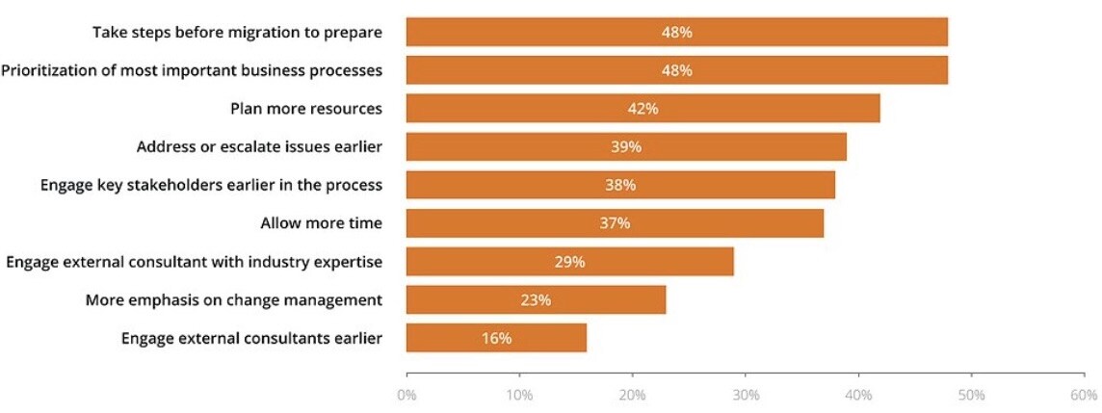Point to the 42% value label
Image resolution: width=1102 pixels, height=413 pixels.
pyautogui.click(x=643, y=109)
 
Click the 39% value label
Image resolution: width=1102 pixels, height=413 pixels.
pyautogui.click(x=625, y=147)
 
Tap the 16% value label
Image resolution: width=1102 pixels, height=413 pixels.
pyautogui.click(x=496, y=338)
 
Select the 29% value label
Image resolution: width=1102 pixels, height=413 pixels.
pyautogui.click(x=569, y=262)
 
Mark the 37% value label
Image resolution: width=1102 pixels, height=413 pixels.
pyautogui.click(x=615, y=223)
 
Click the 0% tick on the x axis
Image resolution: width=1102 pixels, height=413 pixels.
pyautogui.click(x=407, y=395)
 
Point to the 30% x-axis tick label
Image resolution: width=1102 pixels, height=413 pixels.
pyautogui.click(x=746, y=395)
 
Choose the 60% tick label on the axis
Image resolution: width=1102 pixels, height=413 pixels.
pyautogui.click(x=1084, y=395)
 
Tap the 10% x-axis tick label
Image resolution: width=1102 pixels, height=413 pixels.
pyautogui.click(x=519, y=395)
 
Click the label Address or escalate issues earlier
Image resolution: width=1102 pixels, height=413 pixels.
pyautogui.click(x=259, y=147)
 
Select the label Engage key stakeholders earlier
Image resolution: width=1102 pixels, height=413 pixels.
pyautogui.click(x=211, y=185)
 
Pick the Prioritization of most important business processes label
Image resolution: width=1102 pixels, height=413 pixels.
pyautogui.click(x=192, y=70)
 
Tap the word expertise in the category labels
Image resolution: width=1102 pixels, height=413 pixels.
pyautogui.click(x=349, y=262)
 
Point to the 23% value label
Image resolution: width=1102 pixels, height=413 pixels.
pyautogui.click(x=536, y=299)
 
